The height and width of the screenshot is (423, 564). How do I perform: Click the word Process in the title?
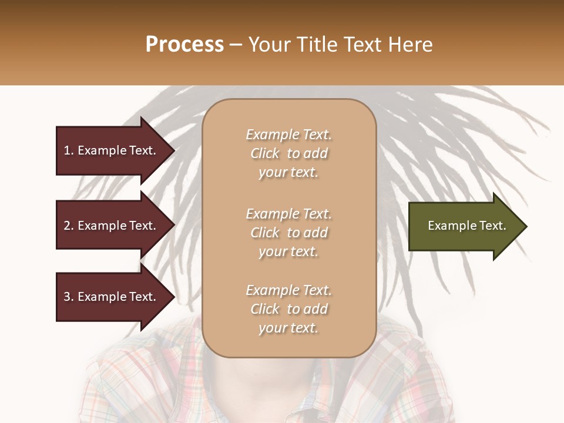click(184, 45)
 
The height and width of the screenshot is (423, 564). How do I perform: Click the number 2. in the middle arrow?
click(69, 226)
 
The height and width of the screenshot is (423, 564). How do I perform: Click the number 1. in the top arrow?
click(68, 150)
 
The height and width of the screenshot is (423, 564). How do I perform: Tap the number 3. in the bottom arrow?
click(69, 297)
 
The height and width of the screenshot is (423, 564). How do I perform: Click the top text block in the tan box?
click(288, 153)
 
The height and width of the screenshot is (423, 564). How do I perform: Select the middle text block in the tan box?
click(288, 233)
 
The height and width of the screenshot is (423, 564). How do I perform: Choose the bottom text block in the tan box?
click(288, 309)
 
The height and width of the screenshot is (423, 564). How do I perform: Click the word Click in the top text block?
click(265, 154)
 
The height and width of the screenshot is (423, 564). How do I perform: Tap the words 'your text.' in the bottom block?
click(288, 328)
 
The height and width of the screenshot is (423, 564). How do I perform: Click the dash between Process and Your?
click(236, 45)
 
